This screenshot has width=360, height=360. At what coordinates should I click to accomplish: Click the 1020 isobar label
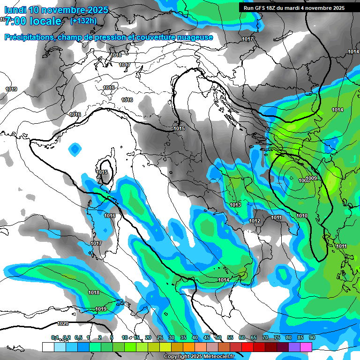pos(63,323)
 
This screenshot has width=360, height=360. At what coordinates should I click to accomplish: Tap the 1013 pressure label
pos(235,205)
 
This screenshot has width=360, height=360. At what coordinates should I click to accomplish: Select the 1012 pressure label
pos(255,221)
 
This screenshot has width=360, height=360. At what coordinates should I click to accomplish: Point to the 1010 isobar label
pos(302,216)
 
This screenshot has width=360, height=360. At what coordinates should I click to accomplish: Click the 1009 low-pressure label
pos(313,178)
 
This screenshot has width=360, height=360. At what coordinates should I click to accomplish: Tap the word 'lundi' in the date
pos(15,10)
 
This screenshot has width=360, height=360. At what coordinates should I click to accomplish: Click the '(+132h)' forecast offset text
pos(83,21)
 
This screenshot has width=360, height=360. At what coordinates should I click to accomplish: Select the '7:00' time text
pos(14,21)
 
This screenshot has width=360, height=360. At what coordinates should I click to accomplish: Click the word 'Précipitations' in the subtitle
pos(29,37)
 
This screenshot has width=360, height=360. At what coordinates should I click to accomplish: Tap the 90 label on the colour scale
pos(312,337)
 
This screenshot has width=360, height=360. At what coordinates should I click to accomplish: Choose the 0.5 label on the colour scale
pos(77,337)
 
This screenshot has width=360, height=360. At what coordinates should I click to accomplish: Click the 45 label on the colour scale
pos(207,337)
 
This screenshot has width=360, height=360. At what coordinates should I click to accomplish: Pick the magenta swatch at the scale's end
pos(306,347)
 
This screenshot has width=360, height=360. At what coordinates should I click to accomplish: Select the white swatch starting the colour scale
pos(48,347)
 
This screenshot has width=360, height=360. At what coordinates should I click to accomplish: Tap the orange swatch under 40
pos(189,347)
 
